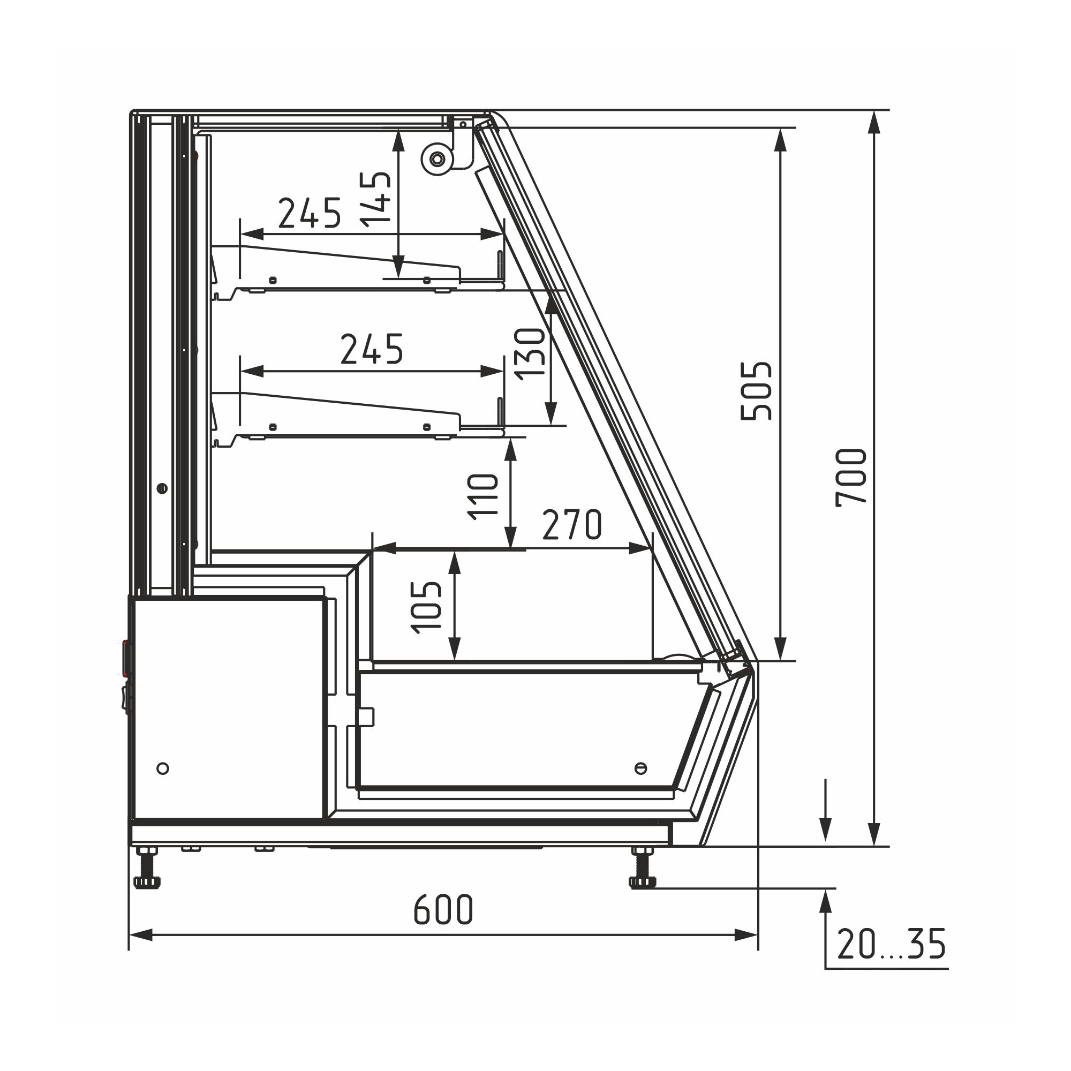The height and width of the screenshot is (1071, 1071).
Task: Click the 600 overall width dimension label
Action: tap(443, 909)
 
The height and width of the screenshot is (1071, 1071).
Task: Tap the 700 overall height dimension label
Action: tap(851, 477)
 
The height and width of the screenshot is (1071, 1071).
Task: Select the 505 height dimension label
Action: tap(756, 391)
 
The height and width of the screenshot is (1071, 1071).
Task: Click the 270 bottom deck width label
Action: tap(571, 524)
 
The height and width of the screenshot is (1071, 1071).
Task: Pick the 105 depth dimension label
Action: tap(426, 607)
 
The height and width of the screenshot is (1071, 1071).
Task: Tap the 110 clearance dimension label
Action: tap(483, 496)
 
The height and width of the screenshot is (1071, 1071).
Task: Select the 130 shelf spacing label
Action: tap(530, 353)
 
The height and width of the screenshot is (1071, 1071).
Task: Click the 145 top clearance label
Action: tap(375, 200)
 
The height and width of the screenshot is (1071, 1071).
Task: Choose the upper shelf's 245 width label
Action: tap(310, 213)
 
